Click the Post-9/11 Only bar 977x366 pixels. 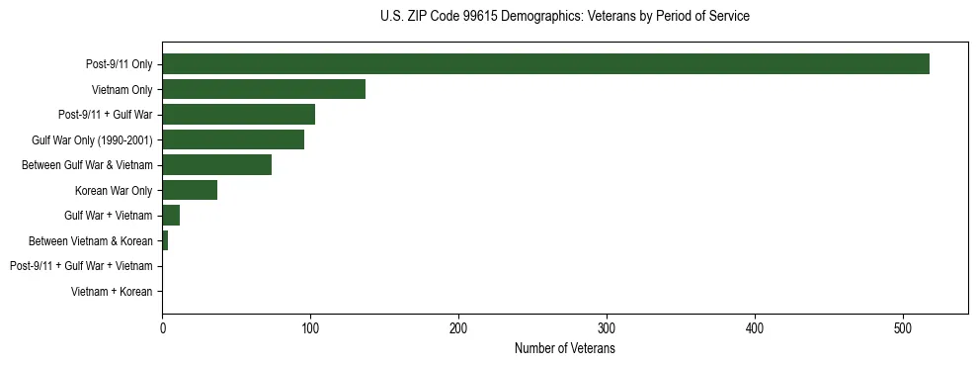coord(545,64)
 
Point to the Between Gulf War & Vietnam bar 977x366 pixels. coord(216,165)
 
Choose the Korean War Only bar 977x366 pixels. coord(190,191)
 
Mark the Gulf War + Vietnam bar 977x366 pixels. coord(171,216)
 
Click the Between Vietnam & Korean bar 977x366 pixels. coord(165,241)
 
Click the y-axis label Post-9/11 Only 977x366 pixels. coord(120,64)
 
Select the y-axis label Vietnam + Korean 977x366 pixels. coord(112,292)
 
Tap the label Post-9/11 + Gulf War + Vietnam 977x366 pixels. coord(81,267)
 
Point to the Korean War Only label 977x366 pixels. coord(114,191)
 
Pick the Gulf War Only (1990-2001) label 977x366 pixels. coord(92,140)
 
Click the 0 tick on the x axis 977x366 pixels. coord(162,328)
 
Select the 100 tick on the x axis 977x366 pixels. coord(310,328)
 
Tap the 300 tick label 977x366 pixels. coord(607,328)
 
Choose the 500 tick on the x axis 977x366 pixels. coord(903,328)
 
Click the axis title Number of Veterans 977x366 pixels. coord(565,349)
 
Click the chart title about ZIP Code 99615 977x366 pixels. coord(565,17)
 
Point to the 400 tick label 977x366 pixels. coord(755,328)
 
